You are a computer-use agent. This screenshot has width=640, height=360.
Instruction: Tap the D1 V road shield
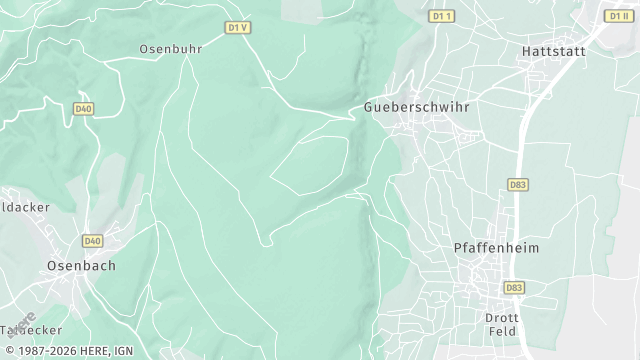coord(237,28)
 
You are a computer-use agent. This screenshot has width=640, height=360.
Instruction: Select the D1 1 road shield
coord(441,16)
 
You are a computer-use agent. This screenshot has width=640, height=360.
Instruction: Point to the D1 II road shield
coord(617,16)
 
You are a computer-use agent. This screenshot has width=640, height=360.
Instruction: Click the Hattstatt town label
coord(551,50)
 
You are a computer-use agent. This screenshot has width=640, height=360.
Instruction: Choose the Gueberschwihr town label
coord(416,105)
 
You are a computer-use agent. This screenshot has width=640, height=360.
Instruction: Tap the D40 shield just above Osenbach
coord(93,241)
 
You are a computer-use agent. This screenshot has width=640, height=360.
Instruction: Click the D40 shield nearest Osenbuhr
coord(83,108)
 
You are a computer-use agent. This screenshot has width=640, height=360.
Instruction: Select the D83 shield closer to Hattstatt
coord(518,185)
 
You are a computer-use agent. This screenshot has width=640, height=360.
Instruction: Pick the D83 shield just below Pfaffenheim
coord(514,288)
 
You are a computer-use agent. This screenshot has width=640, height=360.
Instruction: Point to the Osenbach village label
coord(81,266)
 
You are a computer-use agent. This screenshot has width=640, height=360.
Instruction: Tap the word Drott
coord(501,317)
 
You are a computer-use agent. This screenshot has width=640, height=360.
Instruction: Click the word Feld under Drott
coord(501,331)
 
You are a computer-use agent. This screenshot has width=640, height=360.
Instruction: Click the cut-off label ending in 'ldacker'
coord(24,207)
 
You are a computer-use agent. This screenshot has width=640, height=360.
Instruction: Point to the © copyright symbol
coord(7,352)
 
